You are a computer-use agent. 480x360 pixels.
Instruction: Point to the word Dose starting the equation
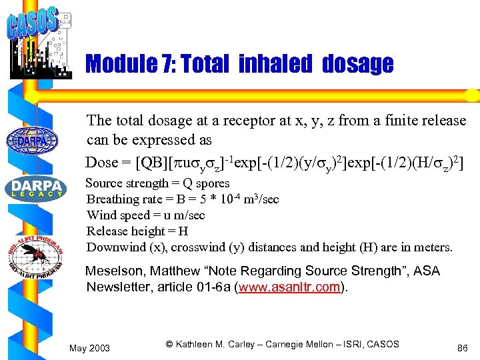pos(101,162)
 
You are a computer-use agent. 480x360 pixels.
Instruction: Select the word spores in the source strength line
pos(214,183)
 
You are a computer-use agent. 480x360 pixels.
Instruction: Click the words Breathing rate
pos(119,199)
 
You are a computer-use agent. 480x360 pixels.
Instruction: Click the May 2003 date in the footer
pos(90,348)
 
